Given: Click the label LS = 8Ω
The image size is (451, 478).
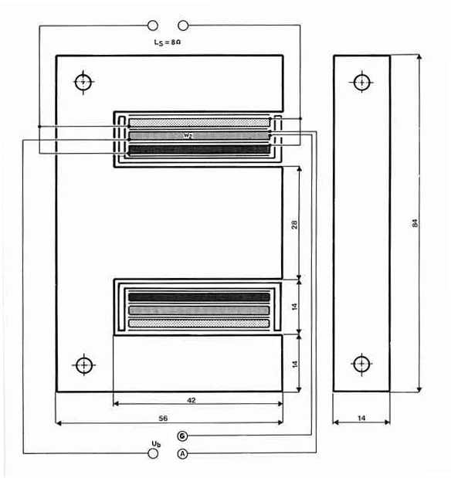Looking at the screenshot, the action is click(168, 42).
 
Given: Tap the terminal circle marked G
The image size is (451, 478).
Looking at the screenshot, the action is click(182, 436).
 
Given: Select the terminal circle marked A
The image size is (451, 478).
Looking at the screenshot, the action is click(182, 454).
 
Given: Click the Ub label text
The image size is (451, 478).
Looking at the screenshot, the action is click(156, 444).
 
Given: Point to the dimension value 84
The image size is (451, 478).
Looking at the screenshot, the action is click(415, 223).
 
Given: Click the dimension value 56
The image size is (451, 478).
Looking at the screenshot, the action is click(163, 418).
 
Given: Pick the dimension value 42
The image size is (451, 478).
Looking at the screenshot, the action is click(192, 400).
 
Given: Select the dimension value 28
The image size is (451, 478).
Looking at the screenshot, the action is click(294, 225).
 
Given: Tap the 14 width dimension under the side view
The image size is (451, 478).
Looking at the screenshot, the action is click(361, 418).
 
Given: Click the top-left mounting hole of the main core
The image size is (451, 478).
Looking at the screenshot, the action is click(83, 82).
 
